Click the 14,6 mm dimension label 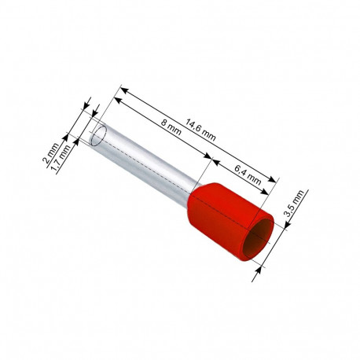pyautogui.click(x=200, y=130)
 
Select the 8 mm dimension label pyautogui.click(x=171, y=127)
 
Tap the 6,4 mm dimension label pyautogui.click(x=248, y=174)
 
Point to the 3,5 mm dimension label pyautogui.click(x=294, y=203)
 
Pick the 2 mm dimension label pyautogui.click(x=50, y=156)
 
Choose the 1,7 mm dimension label pyautogui.click(x=61, y=159)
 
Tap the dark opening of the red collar pyautogui.click(x=258, y=238)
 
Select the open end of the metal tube pyautogui.click(x=98, y=135)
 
